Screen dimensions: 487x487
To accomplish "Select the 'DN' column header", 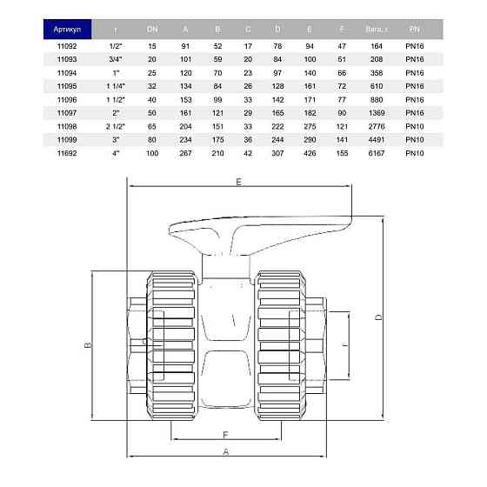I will coord(153,28).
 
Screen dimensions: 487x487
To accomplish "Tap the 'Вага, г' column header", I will coord(376,28).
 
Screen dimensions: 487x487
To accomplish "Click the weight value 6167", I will coord(376,153).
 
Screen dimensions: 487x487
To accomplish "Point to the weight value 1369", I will coord(376,113).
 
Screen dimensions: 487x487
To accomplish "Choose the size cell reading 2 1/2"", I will coord(115,126).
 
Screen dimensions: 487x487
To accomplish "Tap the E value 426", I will coord(310,153).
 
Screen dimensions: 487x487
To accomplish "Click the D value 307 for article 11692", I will coord(278,153).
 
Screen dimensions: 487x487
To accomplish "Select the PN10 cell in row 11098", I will coord(414,126).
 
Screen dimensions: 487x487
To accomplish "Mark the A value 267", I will coord(185,153).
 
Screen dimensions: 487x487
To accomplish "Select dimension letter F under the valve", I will coord(224,433).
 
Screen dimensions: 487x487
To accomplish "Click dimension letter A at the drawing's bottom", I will coord(226,452).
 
